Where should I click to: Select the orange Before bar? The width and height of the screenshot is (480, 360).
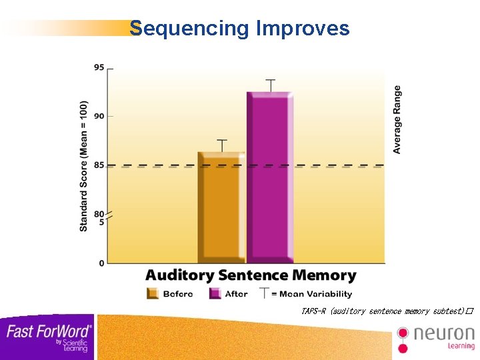pos(221,207)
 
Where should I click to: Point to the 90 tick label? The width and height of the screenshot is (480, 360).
pos(99,117)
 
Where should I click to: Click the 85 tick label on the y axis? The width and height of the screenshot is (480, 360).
pos(99,165)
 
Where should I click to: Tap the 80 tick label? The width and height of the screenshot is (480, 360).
pos(99,214)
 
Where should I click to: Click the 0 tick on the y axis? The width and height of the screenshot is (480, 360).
pos(102,263)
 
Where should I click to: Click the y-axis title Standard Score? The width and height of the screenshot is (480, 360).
pos(84,167)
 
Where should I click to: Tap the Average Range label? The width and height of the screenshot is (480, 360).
pos(397,120)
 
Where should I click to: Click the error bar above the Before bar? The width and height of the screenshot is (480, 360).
pos(222,145)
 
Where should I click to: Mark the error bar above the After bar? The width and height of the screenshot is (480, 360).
pos(270,85)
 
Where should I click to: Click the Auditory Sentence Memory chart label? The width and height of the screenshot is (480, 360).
pos(251,275)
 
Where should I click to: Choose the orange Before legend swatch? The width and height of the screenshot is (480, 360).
pos(152,293)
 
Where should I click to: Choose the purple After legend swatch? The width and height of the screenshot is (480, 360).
pos(215,293)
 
